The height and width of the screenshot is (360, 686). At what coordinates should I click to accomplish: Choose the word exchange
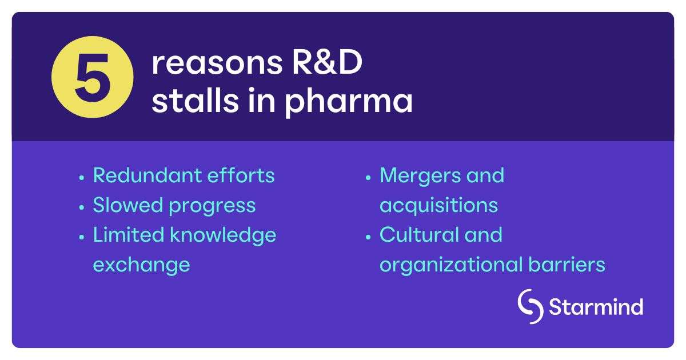coord(141,265)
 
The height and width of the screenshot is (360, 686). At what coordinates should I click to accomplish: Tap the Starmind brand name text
coord(596,307)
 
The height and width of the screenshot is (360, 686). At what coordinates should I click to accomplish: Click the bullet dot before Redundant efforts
coord(82,177)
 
